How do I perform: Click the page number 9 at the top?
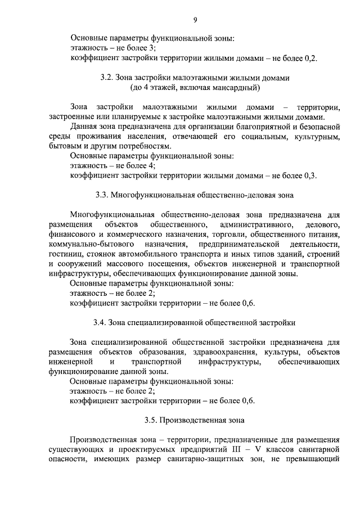(x=195, y=20)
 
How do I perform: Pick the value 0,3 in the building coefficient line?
(x=310, y=175)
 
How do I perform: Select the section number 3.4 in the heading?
(x=100, y=323)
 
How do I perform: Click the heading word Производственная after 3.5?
(x=188, y=420)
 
